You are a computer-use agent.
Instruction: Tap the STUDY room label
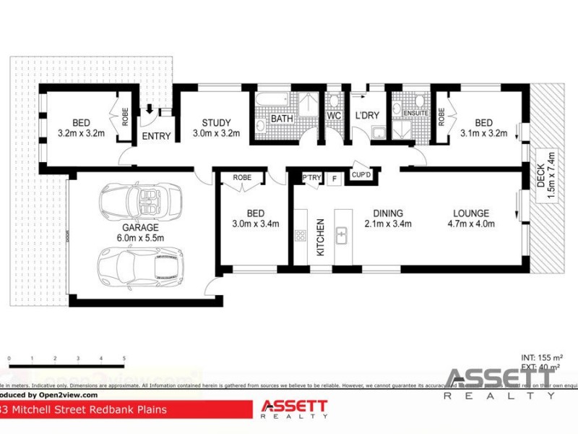[x=215, y=122]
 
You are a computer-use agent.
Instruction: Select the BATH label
[x=281, y=119]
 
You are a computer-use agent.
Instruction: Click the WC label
[x=333, y=116]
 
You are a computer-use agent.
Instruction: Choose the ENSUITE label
[x=415, y=114]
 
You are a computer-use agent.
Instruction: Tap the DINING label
[x=387, y=213]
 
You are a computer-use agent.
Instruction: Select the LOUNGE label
[x=470, y=213]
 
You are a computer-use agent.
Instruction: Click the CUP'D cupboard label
[x=361, y=174]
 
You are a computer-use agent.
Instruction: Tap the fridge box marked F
[x=333, y=178]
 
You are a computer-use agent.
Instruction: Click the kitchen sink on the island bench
[x=342, y=236]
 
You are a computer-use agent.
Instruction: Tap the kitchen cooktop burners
[x=300, y=235]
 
